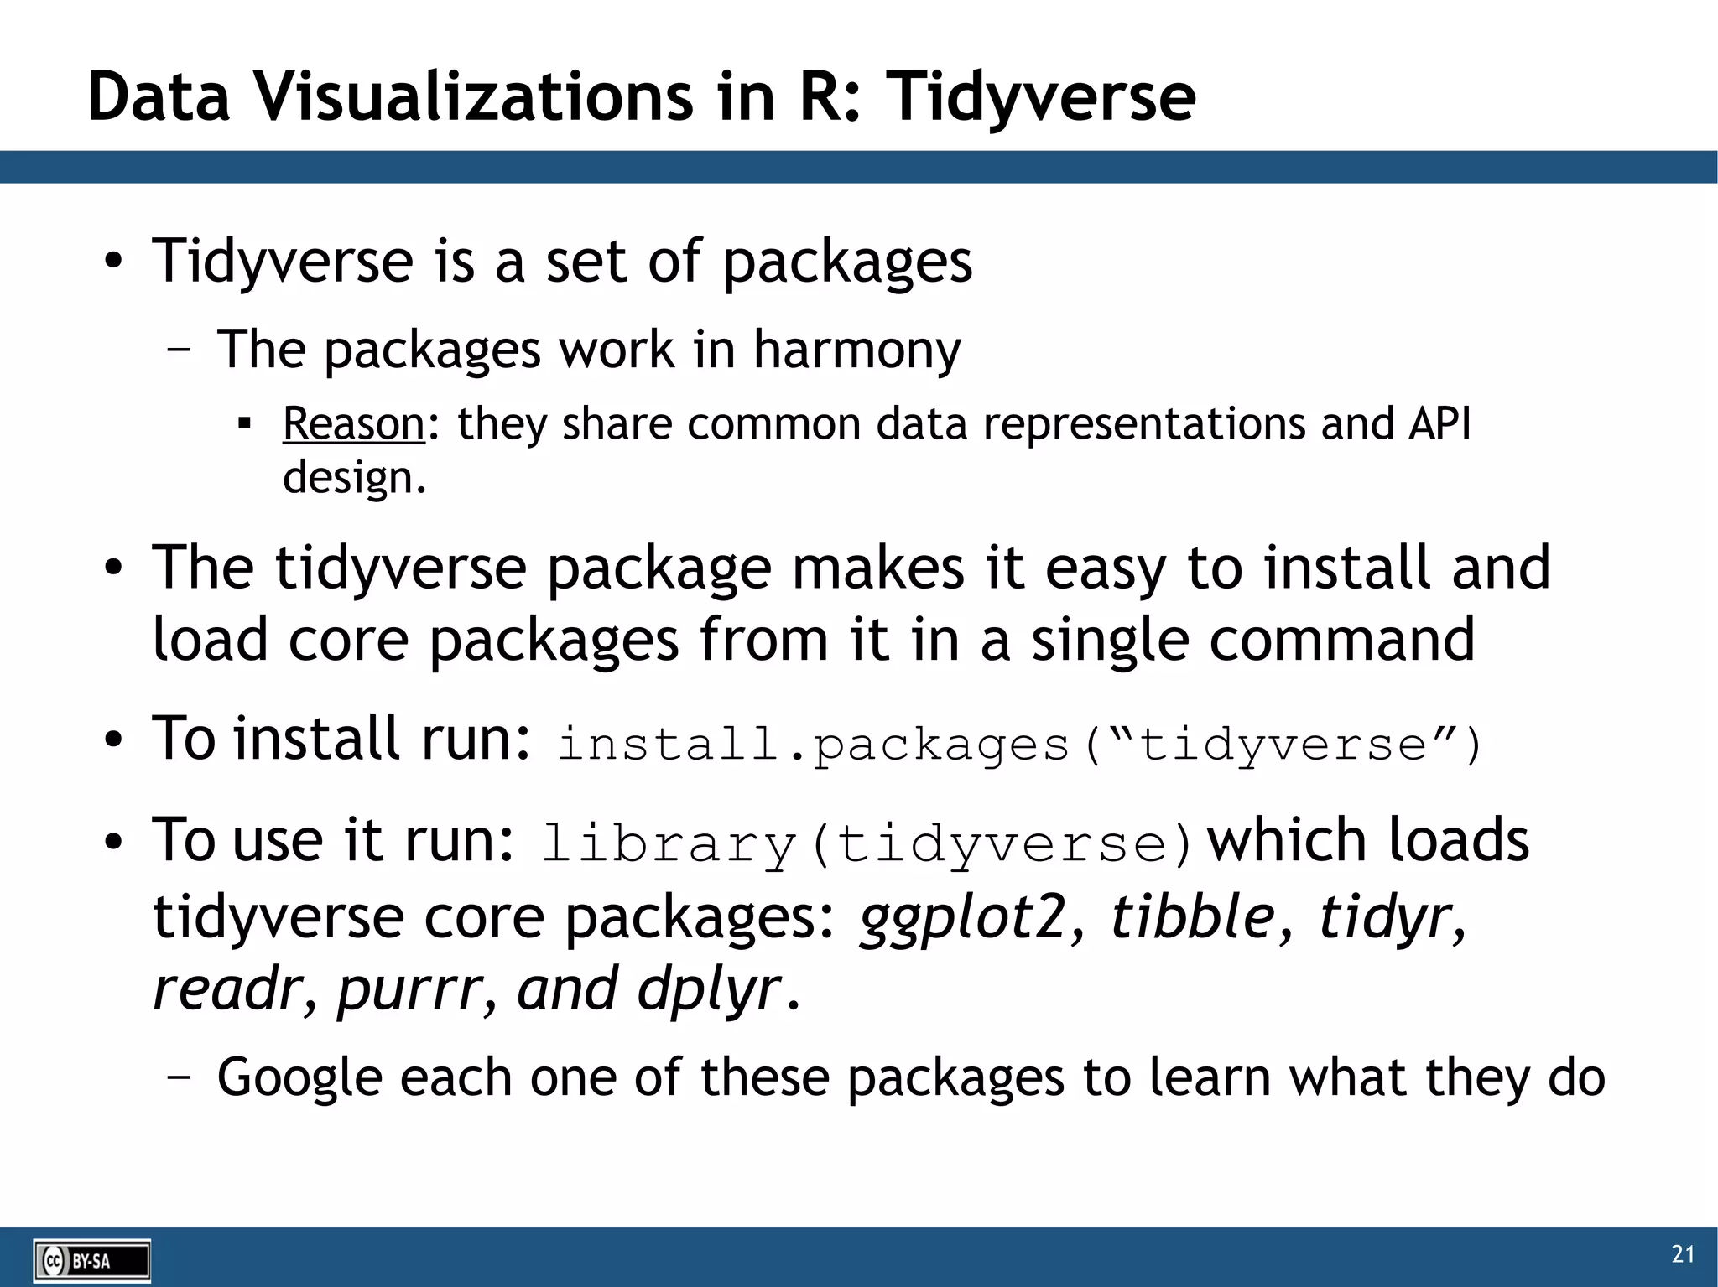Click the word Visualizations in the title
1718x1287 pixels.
pyautogui.click(x=475, y=97)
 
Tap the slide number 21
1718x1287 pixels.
pyautogui.click(x=1683, y=1254)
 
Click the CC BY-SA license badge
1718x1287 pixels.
pyautogui.click(x=92, y=1260)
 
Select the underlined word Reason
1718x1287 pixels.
pyautogui.click(x=354, y=423)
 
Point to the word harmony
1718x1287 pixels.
pyautogui.click(x=856, y=350)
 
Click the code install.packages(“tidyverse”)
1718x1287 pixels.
pyautogui.click(x=1019, y=745)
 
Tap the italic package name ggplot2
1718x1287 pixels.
pyautogui.click(x=963, y=916)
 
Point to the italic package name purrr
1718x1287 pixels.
pyautogui.click(x=409, y=990)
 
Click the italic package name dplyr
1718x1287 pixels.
pyautogui.click(x=708, y=990)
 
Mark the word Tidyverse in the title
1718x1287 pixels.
pyautogui.click(x=1040, y=97)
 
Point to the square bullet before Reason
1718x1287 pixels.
pyautogui.click(x=245, y=424)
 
